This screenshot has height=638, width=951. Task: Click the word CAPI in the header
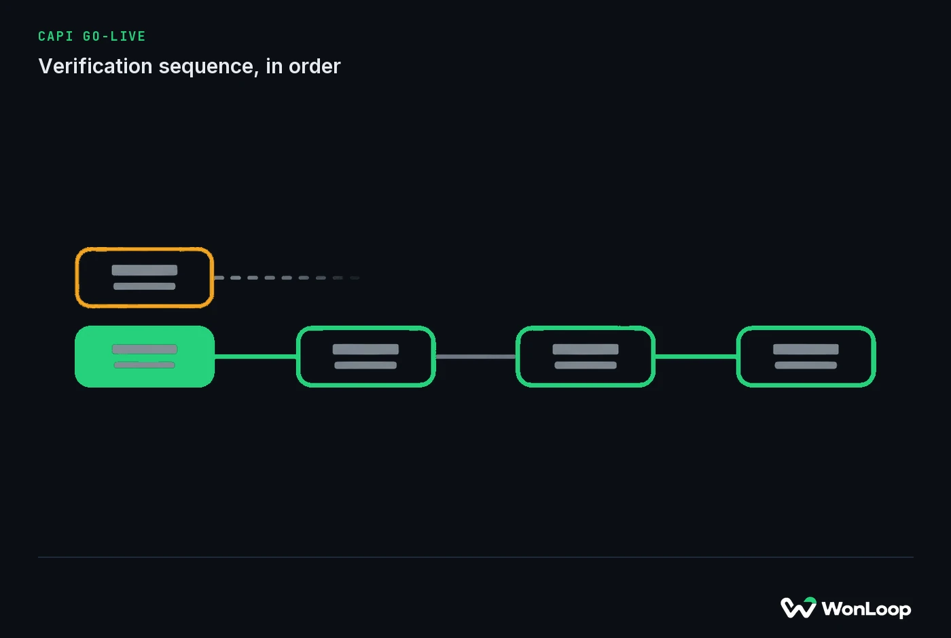(x=55, y=37)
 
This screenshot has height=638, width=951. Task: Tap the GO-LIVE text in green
(x=114, y=37)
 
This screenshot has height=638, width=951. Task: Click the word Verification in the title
(x=96, y=67)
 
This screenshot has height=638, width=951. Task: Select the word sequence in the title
(x=209, y=67)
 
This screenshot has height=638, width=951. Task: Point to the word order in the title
(x=315, y=67)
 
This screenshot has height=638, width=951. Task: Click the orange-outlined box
(x=144, y=249)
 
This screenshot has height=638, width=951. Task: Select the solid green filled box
(x=144, y=356)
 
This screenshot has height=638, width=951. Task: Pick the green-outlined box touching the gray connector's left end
(x=365, y=327)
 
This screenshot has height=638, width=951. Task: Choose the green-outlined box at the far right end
(x=806, y=327)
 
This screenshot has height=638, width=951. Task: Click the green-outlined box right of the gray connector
(x=586, y=327)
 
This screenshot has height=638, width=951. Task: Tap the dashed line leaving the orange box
(x=287, y=278)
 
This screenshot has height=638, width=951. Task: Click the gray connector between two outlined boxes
(x=475, y=356)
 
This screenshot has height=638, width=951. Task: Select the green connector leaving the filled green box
(x=255, y=356)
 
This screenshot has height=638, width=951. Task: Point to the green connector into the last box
(x=696, y=356)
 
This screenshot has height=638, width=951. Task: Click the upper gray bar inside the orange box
(x=144, y=270)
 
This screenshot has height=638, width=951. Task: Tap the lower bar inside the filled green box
(x=144, y=365)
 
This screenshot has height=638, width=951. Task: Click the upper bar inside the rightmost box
(x=806, y=349)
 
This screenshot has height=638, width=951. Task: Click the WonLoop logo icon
(x=798, y=607)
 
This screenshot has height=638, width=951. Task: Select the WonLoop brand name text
(x=866, y=609)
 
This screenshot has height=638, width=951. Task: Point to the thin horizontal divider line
(x=475, y=557)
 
